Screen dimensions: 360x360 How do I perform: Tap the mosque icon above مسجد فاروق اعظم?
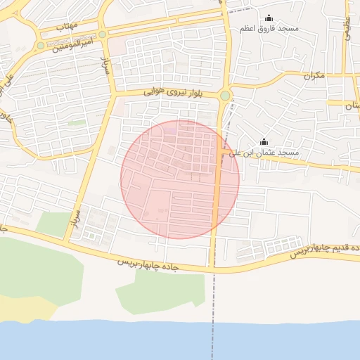[268, 18]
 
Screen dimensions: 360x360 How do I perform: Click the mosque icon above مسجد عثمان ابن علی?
[264, 141]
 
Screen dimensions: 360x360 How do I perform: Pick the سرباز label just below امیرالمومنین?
[106, 64]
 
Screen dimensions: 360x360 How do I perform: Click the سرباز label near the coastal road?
[75, 218]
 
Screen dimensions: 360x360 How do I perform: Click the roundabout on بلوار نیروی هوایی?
[225, 96]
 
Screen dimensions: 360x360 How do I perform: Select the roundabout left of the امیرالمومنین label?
[41, 46]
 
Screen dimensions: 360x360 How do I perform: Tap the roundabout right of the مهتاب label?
[103, 34]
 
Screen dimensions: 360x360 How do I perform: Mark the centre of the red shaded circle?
[180, 179]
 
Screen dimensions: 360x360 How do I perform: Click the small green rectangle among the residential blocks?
[77, 123]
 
